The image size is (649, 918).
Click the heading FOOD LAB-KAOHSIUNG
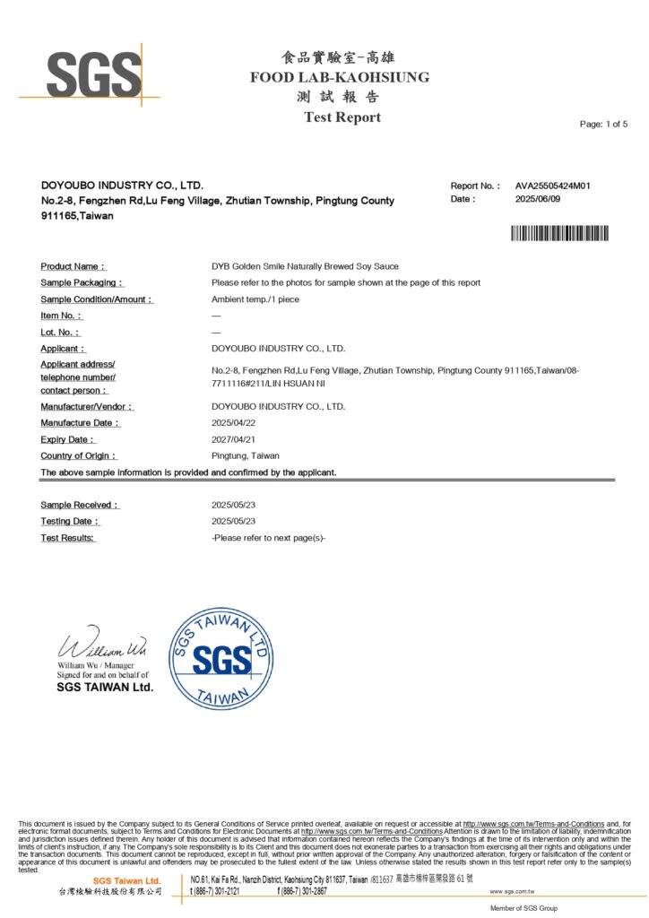340,77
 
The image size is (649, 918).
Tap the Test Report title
342,117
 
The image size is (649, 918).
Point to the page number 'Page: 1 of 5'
603,124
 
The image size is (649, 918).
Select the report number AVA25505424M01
552,186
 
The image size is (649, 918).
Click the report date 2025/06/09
538,199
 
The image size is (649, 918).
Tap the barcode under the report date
559,234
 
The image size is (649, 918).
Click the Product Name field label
74,266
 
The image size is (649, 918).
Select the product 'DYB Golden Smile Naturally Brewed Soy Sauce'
305,266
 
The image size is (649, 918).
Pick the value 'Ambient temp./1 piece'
255,299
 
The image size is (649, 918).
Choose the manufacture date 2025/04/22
234,422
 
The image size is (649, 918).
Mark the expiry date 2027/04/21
234,439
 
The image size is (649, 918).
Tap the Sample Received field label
80,505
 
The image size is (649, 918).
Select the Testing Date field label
71,521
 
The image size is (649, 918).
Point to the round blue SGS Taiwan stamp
221,659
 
